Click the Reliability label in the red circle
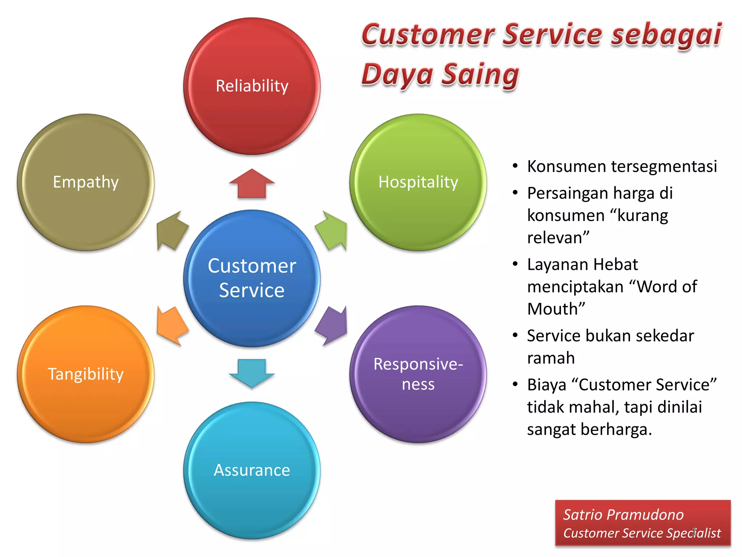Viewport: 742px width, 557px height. (x=252, y=86)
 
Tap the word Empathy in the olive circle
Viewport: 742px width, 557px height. (x=86, y=182)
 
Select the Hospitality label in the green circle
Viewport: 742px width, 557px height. (x=418, y=182)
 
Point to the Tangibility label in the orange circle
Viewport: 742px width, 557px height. (x=86, y=374)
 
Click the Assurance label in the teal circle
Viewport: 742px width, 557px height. (x=252, y=470)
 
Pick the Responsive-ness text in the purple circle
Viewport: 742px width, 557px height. (x=418, y=374)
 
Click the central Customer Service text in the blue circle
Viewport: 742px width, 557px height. (x=252, y=278)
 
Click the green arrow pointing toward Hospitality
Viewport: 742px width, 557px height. (x=332, y=231)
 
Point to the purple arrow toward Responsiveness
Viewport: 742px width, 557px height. (x=332, y=325)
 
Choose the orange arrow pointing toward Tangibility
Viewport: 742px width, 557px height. (x=172, y=325)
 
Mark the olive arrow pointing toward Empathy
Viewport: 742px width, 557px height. (x=172, y=231)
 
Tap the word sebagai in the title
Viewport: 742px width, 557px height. (x=666, y=35)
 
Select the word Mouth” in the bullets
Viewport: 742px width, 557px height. (x=556, y=309)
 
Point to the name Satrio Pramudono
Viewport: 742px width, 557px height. (x=623, y=515)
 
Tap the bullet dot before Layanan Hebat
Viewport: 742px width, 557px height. (x=515, y=264)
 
